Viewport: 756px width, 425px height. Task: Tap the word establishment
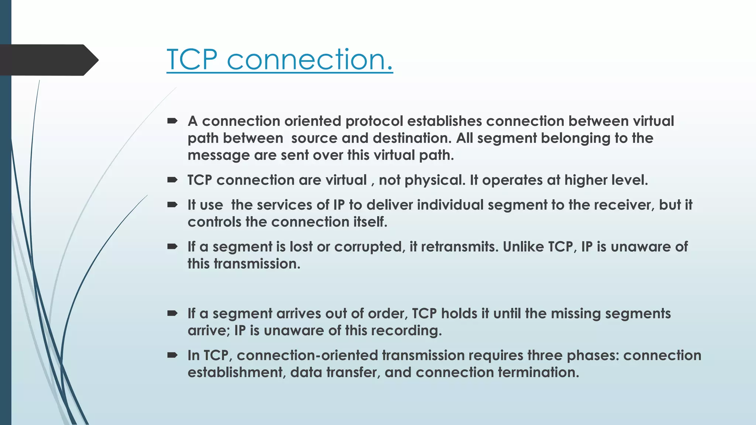click(237, 373)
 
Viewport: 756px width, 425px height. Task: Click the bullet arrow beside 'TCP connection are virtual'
click(172, 180)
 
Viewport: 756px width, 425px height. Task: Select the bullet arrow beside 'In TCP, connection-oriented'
click(172, 355)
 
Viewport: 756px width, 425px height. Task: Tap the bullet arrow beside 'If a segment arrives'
click(172, 314)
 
